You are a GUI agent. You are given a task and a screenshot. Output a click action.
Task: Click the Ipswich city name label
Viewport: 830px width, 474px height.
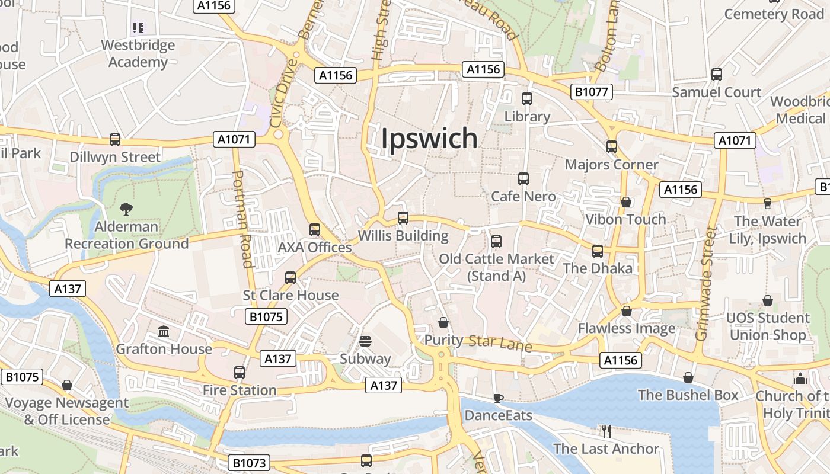pyautogui.click(x=429, y=138)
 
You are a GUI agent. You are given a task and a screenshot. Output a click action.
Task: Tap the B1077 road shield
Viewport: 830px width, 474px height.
pyautogui.click(x=592, y=92)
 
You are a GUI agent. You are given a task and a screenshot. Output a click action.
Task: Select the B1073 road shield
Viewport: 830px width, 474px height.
pyautogui.click(x=249, y=463)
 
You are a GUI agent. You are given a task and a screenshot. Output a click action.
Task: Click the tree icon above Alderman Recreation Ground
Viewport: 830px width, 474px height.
pyautogui.click(x=126, y=209)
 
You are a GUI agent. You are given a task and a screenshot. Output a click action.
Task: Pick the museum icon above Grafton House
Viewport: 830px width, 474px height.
pyautogui.click(x=164, y=331)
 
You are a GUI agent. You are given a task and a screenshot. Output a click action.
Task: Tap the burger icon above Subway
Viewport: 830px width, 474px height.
pyautogui.click(x=365, y=341)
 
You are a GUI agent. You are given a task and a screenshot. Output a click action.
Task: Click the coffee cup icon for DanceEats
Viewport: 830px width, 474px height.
pyautogui.click(x=499, y=398)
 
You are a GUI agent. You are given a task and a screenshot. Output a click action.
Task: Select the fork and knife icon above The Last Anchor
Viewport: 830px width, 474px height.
pyautogui.click(x=606, y=431)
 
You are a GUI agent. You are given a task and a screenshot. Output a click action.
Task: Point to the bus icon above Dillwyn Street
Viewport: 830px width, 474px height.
pyautogui.click(x=115, y=140)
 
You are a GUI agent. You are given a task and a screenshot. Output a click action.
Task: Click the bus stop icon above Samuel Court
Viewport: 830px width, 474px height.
pyautogui.click(x=717, y=75)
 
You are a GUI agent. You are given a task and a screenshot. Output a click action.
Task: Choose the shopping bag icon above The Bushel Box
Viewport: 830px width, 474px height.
pyautogui.click(x=688, y=377)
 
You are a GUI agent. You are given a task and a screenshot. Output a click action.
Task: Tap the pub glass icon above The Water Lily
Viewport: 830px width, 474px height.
pyautogui.click(x=768, y=203)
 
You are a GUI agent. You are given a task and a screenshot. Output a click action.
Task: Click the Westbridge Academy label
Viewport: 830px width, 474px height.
pyautogui.click(x=138, y=53)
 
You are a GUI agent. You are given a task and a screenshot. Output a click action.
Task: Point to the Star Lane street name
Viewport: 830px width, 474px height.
pyautogui.click(x=500, y=343)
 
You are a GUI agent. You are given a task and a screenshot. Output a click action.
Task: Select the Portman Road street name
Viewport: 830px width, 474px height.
pyautogui.click(x=243, y=219)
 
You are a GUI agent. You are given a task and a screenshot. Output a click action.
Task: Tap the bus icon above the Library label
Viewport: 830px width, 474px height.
pyautogui.click(x=527, y=99)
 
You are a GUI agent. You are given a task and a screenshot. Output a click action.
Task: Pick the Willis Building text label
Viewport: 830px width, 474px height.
pyautogui.click(x=403, y=236)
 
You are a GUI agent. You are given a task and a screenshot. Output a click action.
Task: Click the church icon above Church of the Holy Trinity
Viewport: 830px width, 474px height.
pyautogui.click(x=800, y=378)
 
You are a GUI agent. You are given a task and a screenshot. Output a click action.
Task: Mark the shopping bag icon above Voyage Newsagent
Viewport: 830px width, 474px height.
pyautogui.click(x=67, y=386)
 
